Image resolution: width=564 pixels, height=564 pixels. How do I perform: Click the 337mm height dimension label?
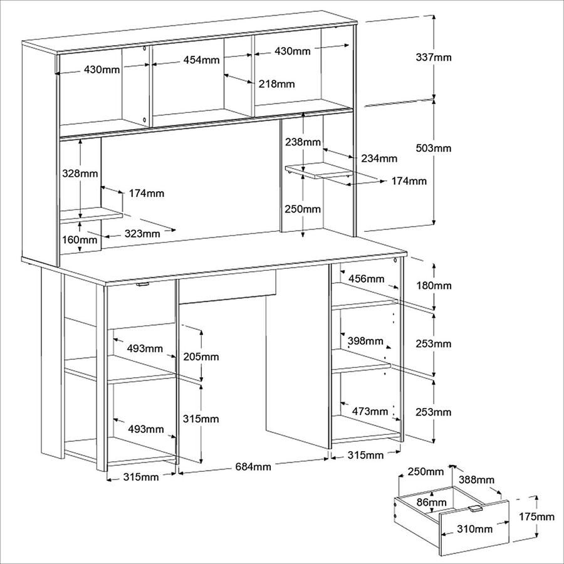pyautogui.click(x=434, y=57)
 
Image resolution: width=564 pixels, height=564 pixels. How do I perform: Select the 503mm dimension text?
pyautogui.click(x=434, y=148)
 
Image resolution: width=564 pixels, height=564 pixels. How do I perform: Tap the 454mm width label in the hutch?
pyautogui.click(x=201, y=60)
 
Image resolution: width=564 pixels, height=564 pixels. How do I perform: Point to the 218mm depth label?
pyautogui.click(x=276, y=84)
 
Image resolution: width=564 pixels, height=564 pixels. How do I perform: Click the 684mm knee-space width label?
pyautogui.click(x=253, y=466)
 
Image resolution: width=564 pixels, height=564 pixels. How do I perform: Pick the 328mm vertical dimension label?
pyautogui.click(x=80, y=174)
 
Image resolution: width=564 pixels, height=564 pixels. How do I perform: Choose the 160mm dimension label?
pyautogui.click(x=80, y=239)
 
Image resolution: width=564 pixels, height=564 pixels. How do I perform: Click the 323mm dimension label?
pyautogui.click(x=142, y=234)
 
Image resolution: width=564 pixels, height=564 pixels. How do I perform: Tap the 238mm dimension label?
pyautogui.click(x=303, y=142)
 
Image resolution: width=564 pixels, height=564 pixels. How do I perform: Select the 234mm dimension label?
pyautogui.click(x=379, y=159)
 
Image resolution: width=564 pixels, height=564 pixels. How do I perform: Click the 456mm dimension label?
pyautogui.click(x=366, y=278)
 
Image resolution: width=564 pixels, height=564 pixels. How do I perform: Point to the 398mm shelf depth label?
pyautogui.click(x=365, y=341)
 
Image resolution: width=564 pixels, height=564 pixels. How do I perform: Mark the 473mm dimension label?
pyautogui.click(x=370, y=411)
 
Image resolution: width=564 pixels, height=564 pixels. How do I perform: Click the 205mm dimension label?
pyautogui.click(x=201, y=357)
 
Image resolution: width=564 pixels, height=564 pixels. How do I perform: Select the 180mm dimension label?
pyautogui.click(x=434, y=286)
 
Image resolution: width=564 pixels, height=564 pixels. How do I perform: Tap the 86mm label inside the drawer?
pyautogui.click(x=431, y=502)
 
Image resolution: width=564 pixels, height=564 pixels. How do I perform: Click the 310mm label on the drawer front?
pyautogui.click(x=475, y=529)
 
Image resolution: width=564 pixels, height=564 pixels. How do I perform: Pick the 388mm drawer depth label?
pyautogui.click(x=476, y=479)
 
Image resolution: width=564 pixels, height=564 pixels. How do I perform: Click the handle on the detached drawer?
pyautogui.click(x=475, y=508)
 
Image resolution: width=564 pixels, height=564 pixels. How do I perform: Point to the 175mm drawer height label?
pyautogui.click(x=536, y=516)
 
